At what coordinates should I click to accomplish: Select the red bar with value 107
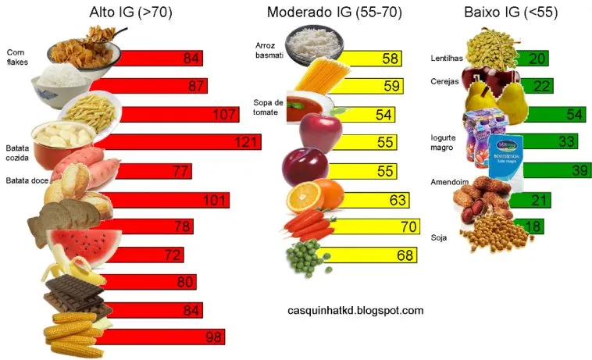pos(172,115)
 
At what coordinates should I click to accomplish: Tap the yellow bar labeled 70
pos(367,228)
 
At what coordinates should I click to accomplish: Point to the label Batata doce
pos(24,181)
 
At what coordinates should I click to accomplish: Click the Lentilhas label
pos(448,59)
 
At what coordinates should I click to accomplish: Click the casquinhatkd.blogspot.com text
pos(355,310)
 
